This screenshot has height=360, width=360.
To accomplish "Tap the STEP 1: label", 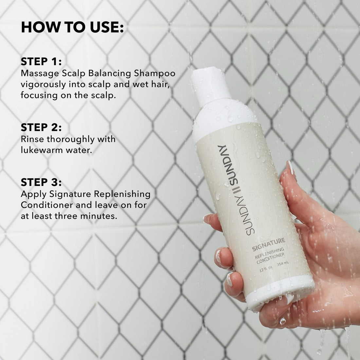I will (x=41, y=62).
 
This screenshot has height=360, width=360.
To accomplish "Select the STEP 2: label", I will (x=41, y=128).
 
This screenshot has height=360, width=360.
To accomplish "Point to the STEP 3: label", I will (x=41, y=182).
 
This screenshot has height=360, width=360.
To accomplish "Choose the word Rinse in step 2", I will (x=31, y=139).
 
